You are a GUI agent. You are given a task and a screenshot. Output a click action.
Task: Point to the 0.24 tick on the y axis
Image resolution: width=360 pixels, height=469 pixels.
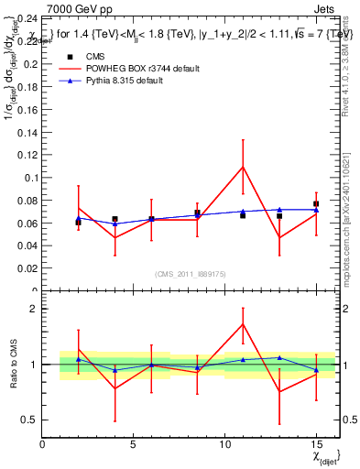[x=27, y=18]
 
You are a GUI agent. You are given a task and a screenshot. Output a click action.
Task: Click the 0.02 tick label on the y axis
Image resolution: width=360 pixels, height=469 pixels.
[x=27, y=268]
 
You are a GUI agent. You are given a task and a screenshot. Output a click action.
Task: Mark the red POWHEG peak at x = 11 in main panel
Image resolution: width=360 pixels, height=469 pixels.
[x=243, y=166]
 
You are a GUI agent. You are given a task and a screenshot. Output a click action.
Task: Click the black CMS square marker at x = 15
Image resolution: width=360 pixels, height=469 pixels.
[x=316, y=204]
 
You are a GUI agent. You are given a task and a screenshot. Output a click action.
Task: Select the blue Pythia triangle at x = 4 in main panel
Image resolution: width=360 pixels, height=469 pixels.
[x=115, y=224]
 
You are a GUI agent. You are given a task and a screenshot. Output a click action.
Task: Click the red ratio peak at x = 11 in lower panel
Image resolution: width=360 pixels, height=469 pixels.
[x=243, y=323]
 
